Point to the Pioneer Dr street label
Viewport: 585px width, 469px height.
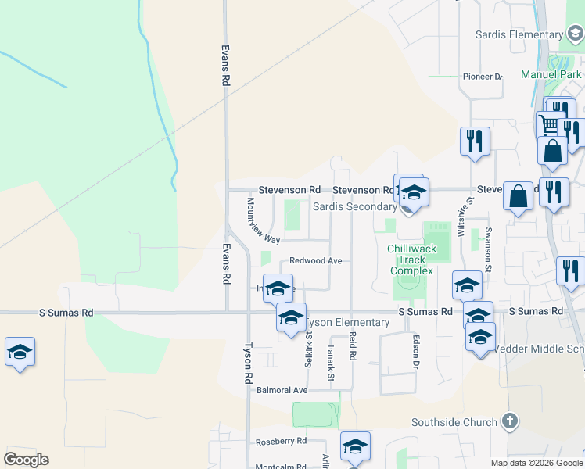coord(483,77)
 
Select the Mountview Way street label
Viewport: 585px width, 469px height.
coord(263,220)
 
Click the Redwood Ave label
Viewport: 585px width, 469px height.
coord(316,260)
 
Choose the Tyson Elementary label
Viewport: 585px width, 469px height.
coord(348,323)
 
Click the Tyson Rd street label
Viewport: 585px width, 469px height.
coord(248,359)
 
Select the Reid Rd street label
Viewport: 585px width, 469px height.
coord(353,345)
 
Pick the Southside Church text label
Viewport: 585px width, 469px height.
coord(454,422)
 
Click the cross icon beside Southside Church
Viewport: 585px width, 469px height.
coord(509,421)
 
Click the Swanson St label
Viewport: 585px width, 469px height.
coord(488,249)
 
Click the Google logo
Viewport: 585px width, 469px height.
coord(26,460)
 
